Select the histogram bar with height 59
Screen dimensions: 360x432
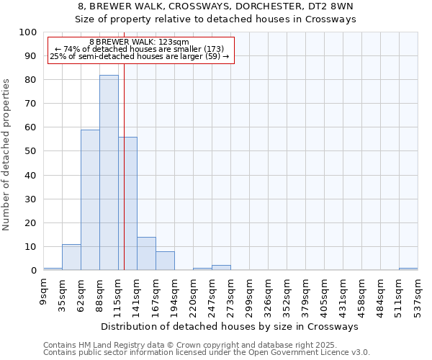pos(90,200)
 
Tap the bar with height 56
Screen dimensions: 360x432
pos(127,204)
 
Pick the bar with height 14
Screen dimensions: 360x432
pos(146,253)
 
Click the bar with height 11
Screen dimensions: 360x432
pos(71,257)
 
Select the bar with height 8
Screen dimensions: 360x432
pos(165,261)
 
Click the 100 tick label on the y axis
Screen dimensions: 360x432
pos(27,32)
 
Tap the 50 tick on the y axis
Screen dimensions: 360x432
pos(30,151)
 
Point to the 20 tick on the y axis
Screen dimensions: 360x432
pos(30,222)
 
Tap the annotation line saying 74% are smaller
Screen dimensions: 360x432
pos(140,49)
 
